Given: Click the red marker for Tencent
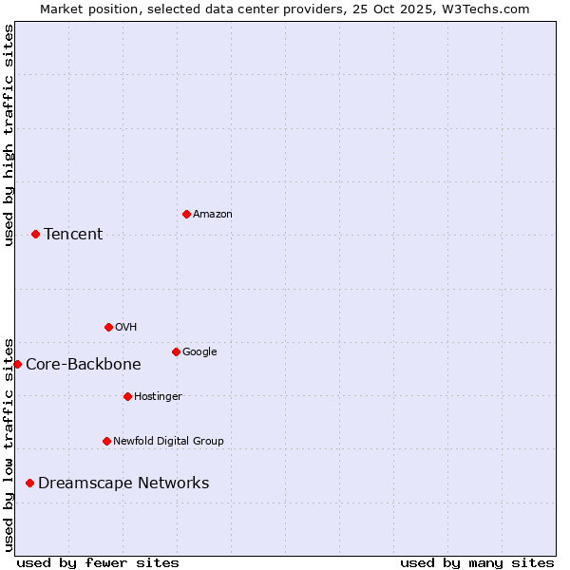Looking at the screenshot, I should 35,234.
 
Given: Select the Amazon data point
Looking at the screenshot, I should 186,214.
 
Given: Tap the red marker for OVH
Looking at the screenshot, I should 108,327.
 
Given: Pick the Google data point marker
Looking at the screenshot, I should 176,351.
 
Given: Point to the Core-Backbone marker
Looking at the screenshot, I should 17,364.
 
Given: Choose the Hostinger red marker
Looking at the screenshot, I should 127,396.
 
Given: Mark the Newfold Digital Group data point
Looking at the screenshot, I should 106,441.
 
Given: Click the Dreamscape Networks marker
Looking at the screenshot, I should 29,483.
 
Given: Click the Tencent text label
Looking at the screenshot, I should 73,234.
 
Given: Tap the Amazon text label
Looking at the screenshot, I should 213,214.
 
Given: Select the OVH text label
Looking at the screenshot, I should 126,327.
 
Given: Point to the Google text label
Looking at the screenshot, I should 199,351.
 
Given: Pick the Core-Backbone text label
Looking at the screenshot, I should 84,364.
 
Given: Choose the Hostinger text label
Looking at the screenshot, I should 158,396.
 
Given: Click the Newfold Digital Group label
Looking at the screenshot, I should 168,441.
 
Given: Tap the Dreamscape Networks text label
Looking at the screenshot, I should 123,483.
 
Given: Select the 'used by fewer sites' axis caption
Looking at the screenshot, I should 98,562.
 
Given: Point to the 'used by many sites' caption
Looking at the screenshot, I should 477,562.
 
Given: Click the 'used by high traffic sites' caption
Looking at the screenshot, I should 9,135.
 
